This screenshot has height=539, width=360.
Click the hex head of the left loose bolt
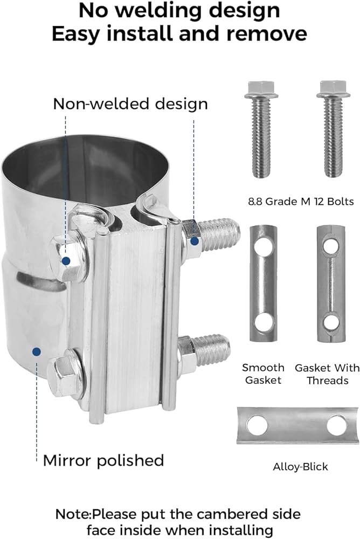tap(261, 89)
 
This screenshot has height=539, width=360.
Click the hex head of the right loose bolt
tap(333, 89)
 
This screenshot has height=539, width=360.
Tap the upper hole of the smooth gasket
tap(264, 246)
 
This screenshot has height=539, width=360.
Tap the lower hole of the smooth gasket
tap(264, 323)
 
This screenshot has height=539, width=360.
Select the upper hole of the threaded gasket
tap(330, 246)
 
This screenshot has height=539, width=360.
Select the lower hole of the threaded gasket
tap(331, 322)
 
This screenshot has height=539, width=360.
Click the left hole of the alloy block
tap(257, 425)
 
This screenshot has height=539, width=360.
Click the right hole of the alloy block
tap(337, 425)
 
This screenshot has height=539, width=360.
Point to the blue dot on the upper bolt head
tap(66, 261)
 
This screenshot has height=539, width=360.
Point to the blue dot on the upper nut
tap(195, 241)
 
